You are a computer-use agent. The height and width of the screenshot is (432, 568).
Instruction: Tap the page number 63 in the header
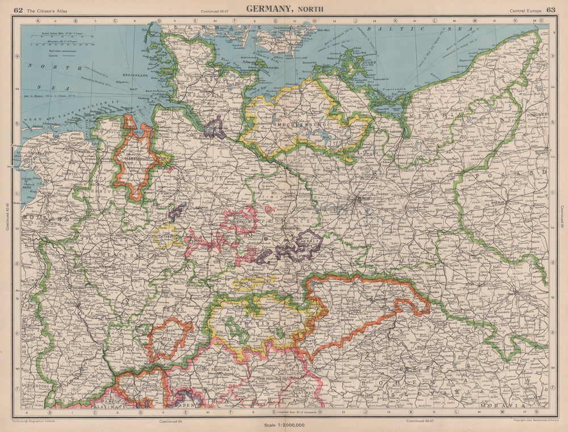click(551, 10)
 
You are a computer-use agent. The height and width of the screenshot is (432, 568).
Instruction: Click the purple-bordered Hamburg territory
click(215, 128)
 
